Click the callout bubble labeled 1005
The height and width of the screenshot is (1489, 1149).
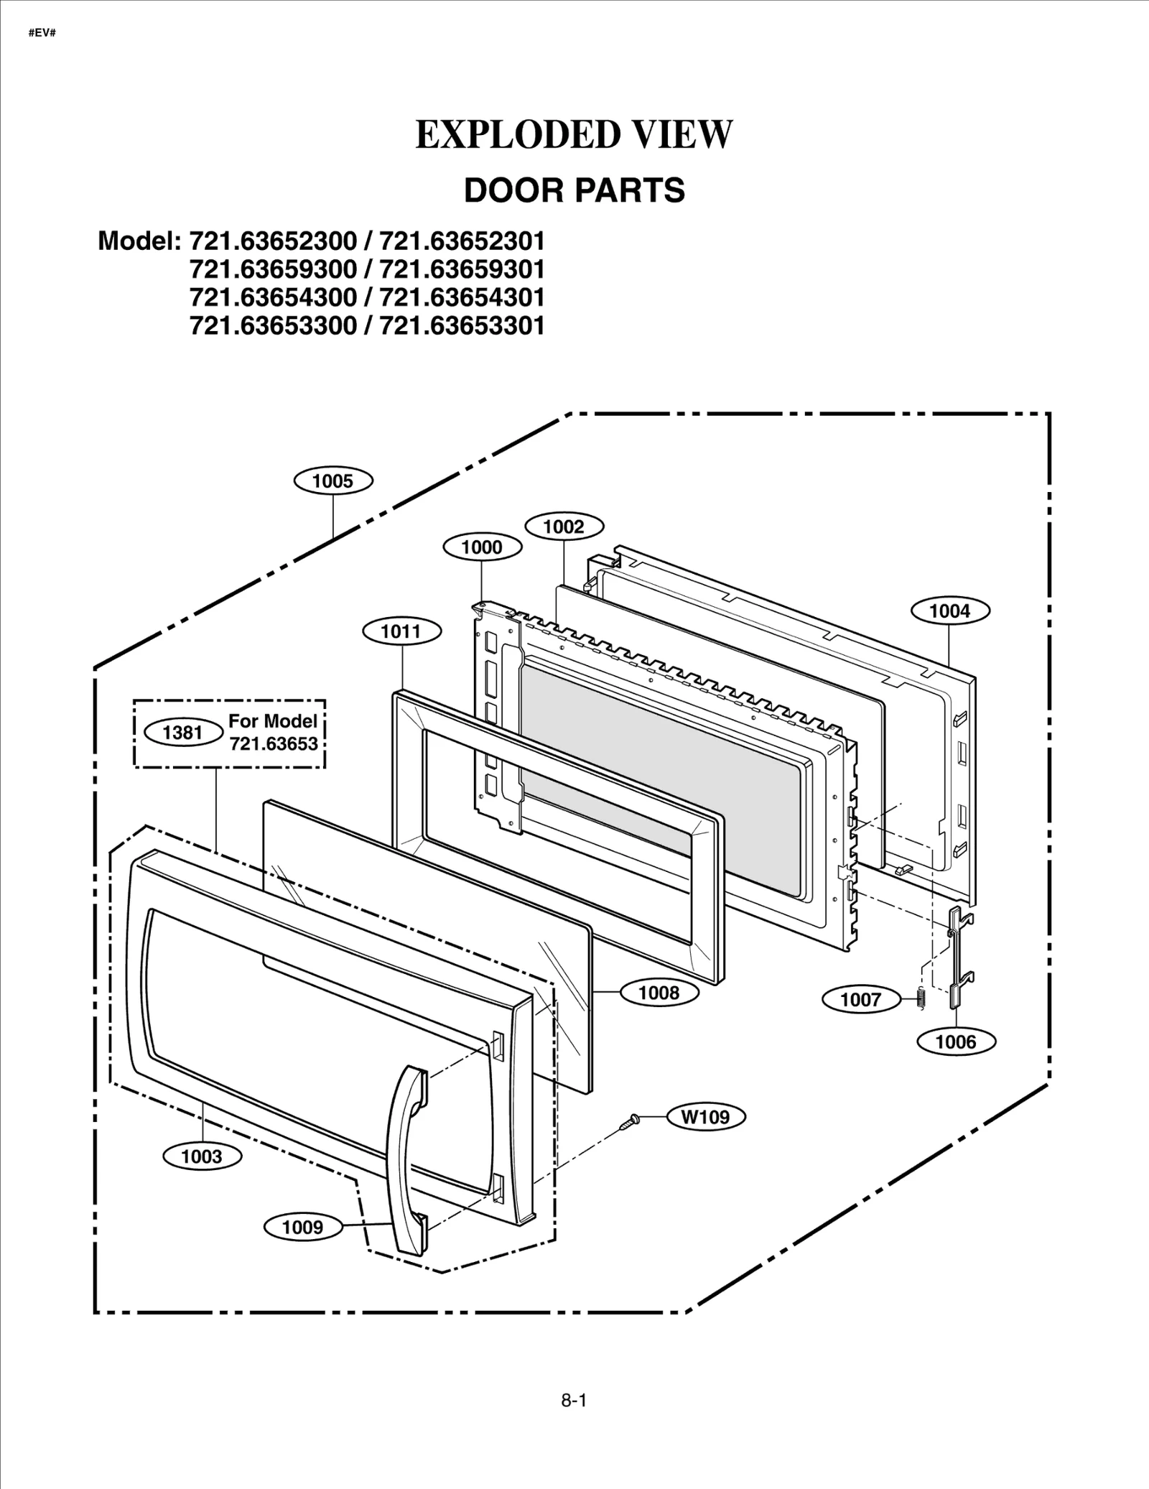click(333, 481)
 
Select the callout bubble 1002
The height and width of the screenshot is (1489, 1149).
click(564, 527)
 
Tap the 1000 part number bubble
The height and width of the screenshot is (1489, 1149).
click(482, 547)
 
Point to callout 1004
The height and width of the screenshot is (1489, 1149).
click(950, 611)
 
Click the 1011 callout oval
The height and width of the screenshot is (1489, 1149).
click(401, 631)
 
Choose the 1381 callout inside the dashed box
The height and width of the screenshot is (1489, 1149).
click(183, 733)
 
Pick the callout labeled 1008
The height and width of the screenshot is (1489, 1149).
click(659, 993)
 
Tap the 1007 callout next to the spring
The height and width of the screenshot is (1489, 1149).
click(860, 999)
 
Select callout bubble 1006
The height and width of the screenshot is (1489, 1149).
click(956, 1042)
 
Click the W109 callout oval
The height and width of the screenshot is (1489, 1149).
click(705, 1117)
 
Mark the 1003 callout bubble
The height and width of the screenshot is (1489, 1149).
click(202, 1156)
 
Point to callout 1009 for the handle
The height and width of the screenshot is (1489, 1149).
click(302, 1227)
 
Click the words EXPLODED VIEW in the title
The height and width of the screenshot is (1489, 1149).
click(574, 135)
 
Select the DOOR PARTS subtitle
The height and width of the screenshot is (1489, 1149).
click(574, 191)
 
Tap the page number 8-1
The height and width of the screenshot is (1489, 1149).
click(574, 1400)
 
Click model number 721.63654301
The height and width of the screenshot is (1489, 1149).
click(462, 297)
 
